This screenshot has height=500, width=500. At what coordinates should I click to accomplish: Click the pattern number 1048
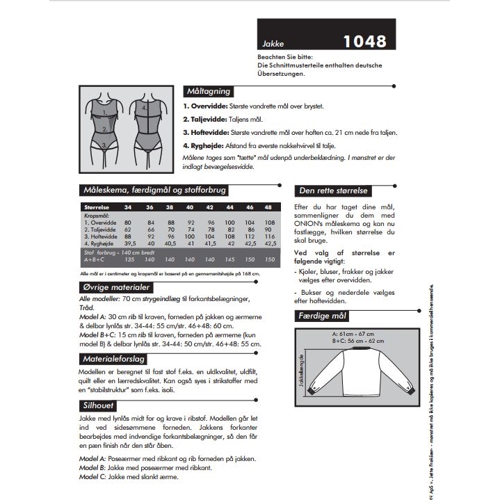click(364, 41)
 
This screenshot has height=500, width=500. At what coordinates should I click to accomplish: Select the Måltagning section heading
click(208, 91)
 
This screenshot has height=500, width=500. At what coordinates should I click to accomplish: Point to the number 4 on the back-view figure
click(144, 108)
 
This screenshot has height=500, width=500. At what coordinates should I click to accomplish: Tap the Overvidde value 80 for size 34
click(128, 222)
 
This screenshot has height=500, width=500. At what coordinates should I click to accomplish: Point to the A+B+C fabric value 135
click(129, 259)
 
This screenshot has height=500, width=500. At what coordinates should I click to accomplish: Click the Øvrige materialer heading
click(116, 287)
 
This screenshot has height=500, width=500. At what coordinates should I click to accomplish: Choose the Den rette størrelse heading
click(333, 191)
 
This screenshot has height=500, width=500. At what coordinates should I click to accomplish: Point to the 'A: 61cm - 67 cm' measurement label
click(356, 334)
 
